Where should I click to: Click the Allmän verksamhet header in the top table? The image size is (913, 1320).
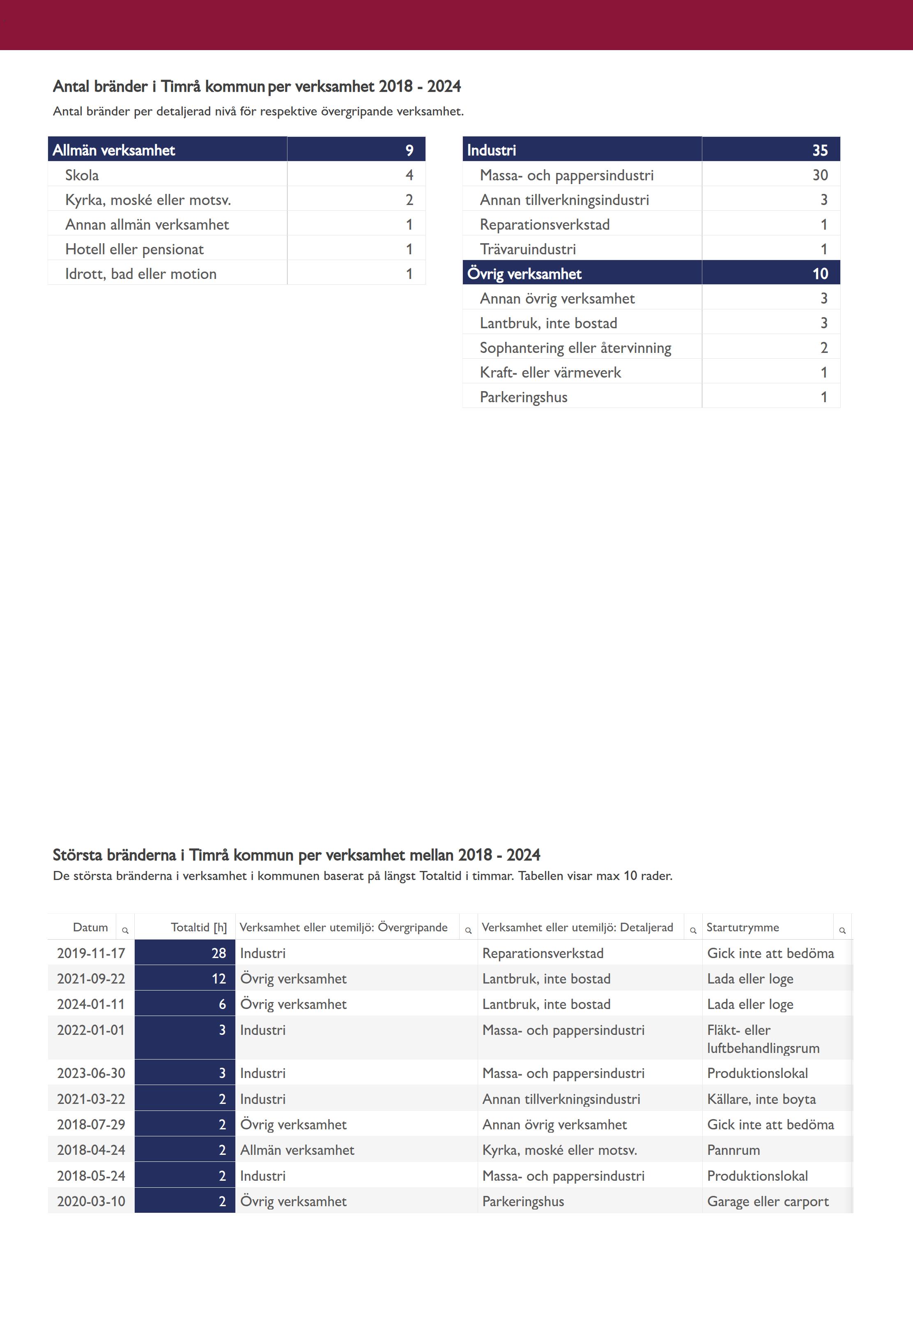coord(114,150)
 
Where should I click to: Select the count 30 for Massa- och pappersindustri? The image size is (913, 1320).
coord(820,175)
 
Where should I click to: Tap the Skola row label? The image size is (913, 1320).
coord(82,175)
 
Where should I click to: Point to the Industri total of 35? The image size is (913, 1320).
coord(820,150)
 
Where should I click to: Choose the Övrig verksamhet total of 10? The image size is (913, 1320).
coord(820,274)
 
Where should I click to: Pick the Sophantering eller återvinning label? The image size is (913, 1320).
coord(575,348)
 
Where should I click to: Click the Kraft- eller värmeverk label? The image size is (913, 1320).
coord(550,373)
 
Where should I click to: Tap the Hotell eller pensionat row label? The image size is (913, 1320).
coord(134,249)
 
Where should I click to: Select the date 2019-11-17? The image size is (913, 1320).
coord(91,953)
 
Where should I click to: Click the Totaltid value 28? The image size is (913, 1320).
coord(218,953)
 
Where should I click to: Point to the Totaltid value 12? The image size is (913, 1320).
coord(218,979)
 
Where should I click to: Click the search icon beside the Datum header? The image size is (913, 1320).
coord(125,931)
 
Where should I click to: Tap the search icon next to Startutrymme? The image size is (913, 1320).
coord(842,931)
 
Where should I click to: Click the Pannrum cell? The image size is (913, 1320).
coord(734,1150)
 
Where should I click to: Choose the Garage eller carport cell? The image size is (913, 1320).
coord(767,1202)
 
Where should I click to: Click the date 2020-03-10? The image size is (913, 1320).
coord(91,1202)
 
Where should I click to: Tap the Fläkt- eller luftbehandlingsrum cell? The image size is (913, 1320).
coord(763,1039)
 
